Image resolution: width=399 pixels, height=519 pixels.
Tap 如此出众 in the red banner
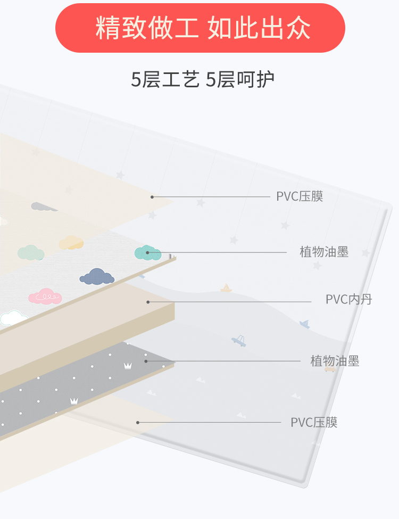[259, 28]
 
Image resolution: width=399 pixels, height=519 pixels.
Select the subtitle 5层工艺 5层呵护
[203, 80]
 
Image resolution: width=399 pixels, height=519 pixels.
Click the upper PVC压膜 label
[300, 196]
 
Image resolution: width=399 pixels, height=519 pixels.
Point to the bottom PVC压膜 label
[314, 423]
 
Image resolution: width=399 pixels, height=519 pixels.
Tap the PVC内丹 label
[348, 300]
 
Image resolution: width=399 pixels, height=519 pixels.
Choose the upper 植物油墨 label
[324, 252]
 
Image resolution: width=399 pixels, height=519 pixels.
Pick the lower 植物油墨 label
[335, 361]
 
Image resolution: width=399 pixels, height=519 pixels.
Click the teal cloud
[147, 253]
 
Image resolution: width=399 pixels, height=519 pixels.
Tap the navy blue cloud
[97, 277]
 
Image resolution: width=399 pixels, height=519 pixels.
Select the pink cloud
[45, 296]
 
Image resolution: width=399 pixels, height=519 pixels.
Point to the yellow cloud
[71, 243]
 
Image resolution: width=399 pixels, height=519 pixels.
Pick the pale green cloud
[30, 253]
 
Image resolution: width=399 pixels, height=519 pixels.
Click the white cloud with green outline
[14, 318]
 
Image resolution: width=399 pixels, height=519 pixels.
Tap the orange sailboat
[226, 289]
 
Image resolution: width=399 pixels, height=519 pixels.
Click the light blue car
[239, 341]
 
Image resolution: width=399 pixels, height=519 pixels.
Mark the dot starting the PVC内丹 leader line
[148, 302]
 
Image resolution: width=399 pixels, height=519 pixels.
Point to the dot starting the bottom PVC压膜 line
[138, 423]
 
